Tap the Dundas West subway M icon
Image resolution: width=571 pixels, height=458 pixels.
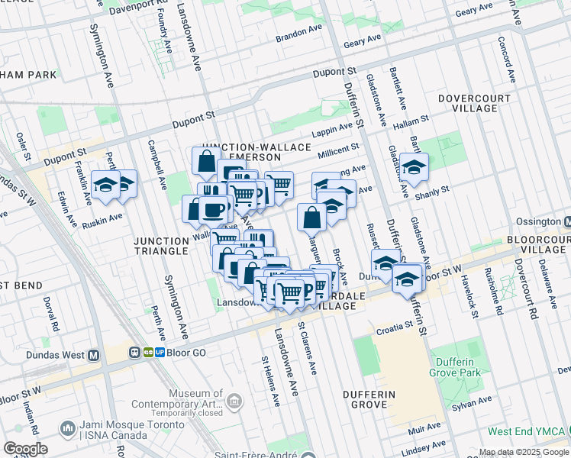point(94,355)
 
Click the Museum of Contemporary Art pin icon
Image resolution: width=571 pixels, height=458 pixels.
point(234,399)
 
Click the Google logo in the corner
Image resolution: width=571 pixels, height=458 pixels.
point(25,449)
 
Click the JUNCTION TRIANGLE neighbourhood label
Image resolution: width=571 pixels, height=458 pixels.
point(160,246)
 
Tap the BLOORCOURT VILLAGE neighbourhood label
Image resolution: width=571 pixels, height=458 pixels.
point(538,244)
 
